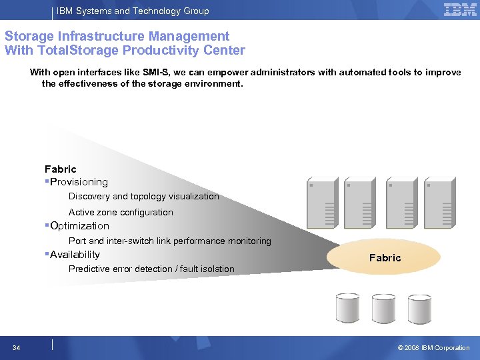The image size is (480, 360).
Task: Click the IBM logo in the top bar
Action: coord(460,9)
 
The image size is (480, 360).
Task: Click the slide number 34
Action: coord(16,347)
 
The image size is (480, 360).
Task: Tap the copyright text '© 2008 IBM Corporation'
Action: coord(433,347)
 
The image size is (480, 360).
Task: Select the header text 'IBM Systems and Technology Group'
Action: coord(133,11)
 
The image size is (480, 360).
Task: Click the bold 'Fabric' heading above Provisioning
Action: coord(61,169)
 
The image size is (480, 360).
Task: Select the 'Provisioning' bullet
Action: coord(78,182)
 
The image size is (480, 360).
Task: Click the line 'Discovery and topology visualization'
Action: coord(143,197)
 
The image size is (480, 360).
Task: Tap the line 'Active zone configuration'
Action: coord(121,213)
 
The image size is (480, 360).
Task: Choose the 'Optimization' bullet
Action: coord(79,226)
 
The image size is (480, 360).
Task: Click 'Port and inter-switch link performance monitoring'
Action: coord(169,241)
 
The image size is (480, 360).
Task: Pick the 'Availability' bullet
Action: coord(74,255)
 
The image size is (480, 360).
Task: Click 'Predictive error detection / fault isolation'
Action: coord(151,269)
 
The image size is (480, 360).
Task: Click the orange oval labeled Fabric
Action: coord(385,257)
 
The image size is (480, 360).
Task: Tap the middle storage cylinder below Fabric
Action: coord(383,307)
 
